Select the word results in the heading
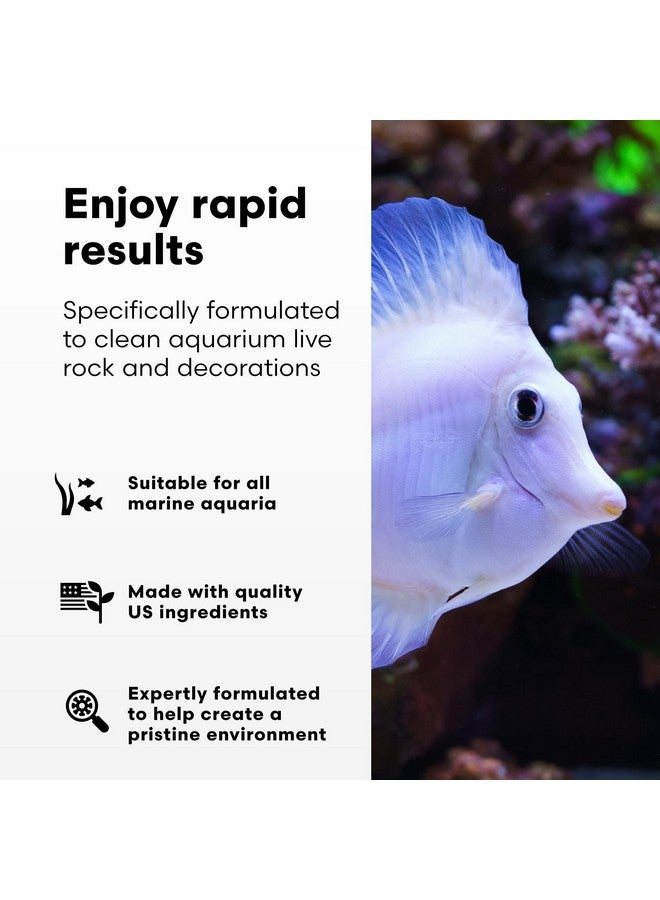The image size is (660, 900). [x=133, y=250]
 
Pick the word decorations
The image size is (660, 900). [x=249, y=367]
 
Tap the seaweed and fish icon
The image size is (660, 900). [x=78, y=494]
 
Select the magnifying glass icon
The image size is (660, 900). [x=86, y=711]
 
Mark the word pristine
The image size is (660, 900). [x=166, y=735]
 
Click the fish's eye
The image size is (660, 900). [x=526, y=405]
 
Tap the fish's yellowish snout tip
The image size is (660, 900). [x=612, y=507]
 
